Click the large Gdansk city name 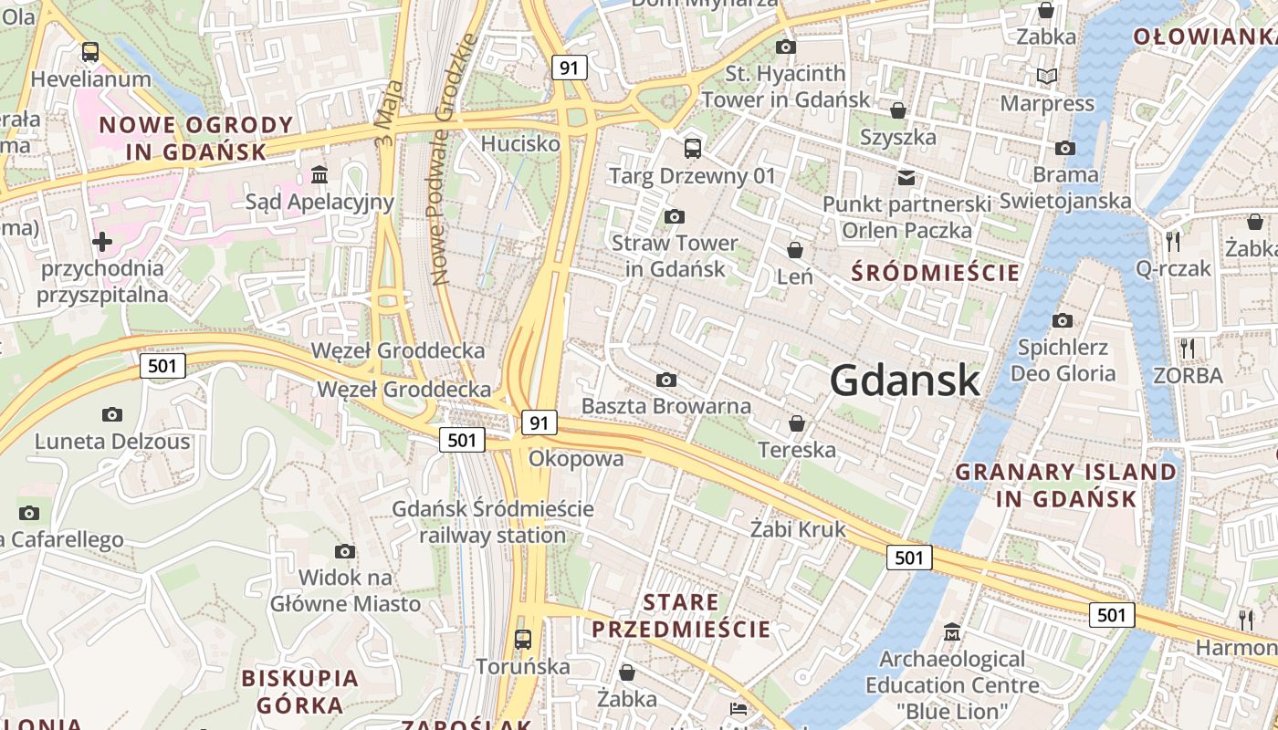tap(905, 380)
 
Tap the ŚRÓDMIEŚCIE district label tap(935, 272)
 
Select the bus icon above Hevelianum tap(89, 52)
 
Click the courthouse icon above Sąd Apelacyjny tap(319, 173)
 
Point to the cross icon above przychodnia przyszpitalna tap(102, 242)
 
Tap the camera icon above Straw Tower tap(675, 216)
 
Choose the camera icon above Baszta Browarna tap(666, 380)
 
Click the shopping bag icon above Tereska tap(797, 423)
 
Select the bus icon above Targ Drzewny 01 tap(692, 148)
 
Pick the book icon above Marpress tap(1046, 77)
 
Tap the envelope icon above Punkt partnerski tap(906, 177)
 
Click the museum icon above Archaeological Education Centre tap(952, 631)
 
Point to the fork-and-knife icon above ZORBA tap(1187, 348)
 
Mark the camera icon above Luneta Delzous tap(112, 415)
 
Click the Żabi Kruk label tap(798, 529)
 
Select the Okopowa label tap(576, 458)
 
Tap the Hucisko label tap(520, 143)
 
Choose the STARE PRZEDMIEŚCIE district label tap(681, 616)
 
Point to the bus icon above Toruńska tap(522, 640)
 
